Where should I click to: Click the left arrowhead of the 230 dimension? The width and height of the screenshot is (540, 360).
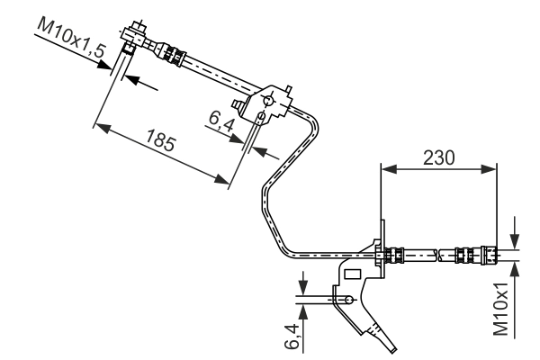pos(387,168)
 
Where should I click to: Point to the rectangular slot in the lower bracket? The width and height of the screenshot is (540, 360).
pos(354,272)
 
